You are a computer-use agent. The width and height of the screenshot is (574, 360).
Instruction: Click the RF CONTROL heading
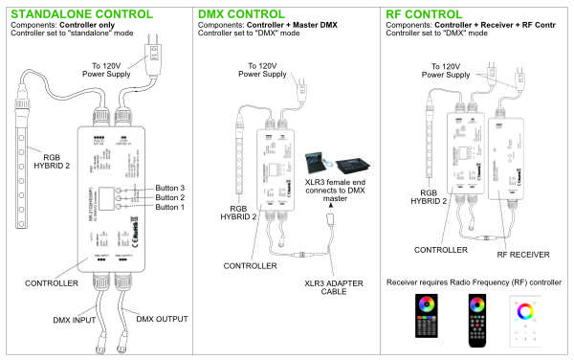[429, 14]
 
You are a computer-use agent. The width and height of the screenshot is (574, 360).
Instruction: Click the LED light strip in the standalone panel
[21, 159]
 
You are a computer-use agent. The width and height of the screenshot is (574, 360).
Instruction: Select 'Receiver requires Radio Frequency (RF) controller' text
[472, 283]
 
